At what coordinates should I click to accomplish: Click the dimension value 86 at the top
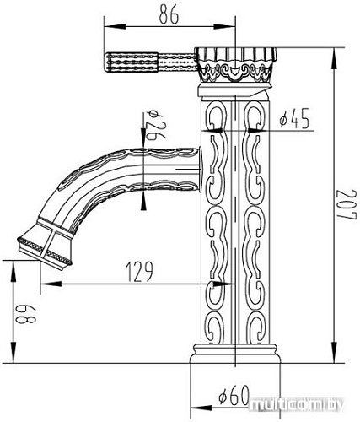point(169,14)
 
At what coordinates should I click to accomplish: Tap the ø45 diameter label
point(294,118)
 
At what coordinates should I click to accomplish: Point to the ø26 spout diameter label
point(154,125)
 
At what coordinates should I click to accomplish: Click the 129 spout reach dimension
point(139,272)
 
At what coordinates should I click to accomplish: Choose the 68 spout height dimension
point(26,315)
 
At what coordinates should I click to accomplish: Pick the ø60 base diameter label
point(234,394)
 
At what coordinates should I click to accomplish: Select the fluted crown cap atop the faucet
point(235,64)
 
